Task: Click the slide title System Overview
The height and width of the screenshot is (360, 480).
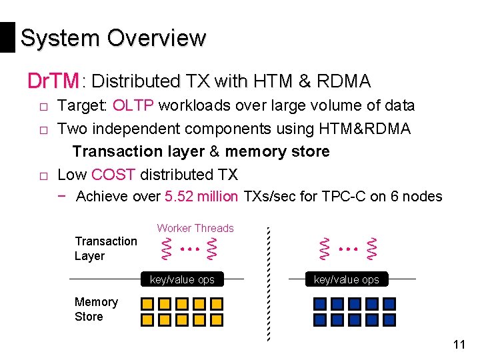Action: [x=113, y=38]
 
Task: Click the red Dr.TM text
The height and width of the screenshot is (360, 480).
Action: [x=53, y=81]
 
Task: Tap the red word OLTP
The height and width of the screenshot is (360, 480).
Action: [x=133, y=105]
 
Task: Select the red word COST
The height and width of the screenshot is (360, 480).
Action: [x=113, y=175]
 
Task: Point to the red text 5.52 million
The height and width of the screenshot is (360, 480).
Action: [x=201, y=196]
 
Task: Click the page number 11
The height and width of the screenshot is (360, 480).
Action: [x=458, y=345]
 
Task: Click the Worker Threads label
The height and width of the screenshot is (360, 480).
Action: [x=195, y=228]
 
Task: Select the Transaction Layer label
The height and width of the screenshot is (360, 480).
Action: [x=105, y=248]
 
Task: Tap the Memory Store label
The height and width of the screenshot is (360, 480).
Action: [x=96, y=309]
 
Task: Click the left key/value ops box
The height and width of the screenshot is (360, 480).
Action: [x=182, y=279]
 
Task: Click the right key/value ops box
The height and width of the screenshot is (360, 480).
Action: [x=346, y=279]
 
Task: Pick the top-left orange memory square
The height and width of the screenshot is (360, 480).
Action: [x=147, y=304]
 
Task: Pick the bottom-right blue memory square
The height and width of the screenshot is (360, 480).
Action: [x=389, y=320]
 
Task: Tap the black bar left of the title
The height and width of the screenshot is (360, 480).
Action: [x=7, y=37]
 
